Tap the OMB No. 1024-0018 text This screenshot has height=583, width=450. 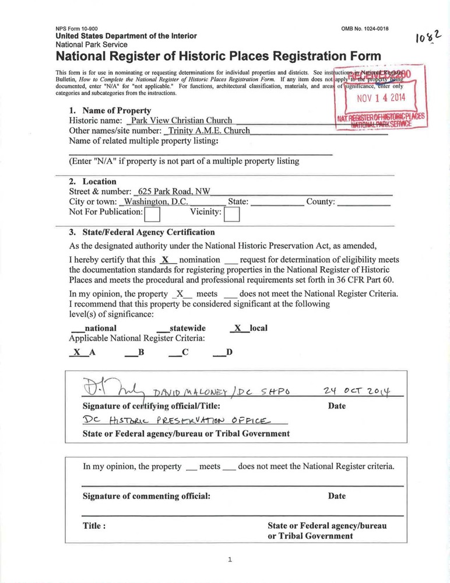coord(365,29)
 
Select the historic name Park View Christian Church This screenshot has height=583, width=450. coord(181,121)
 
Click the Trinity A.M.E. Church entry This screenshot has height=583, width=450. coord(207,131)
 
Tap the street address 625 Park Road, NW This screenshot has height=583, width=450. coord(172,191)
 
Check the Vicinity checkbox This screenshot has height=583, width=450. coord(231,215)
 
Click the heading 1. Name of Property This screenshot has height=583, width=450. coord(110,110)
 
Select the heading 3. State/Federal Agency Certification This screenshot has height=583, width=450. coord(142,232)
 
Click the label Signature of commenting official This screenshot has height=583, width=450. coord(146,496)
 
